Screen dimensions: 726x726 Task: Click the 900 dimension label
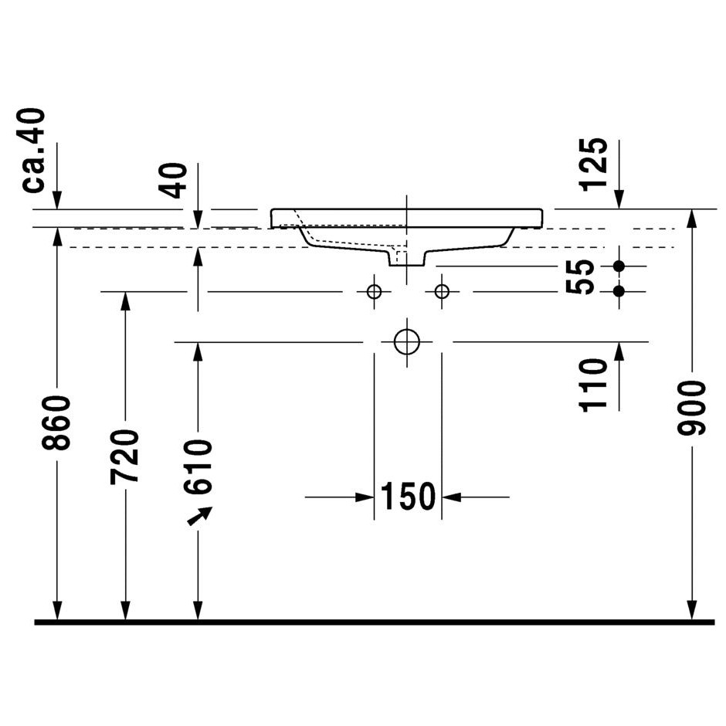691,408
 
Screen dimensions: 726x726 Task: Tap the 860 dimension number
56,422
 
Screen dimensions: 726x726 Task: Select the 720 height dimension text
124,457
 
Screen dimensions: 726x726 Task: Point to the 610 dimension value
198,467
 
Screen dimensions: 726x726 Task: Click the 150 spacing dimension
408,497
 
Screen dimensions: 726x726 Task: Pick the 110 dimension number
593,385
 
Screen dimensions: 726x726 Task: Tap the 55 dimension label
580,276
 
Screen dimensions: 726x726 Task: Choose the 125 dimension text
593,164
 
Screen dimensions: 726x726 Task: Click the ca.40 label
33,150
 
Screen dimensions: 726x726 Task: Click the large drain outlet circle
407,342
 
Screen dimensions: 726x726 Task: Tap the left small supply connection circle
374,292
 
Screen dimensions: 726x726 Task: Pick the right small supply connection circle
442,292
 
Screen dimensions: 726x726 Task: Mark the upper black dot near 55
619,266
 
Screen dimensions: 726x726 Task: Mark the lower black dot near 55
619,291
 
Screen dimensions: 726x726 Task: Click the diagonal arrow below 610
199,516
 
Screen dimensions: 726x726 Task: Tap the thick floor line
375,622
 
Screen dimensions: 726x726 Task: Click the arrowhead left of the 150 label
365,497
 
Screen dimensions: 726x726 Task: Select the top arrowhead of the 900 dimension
692,219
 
